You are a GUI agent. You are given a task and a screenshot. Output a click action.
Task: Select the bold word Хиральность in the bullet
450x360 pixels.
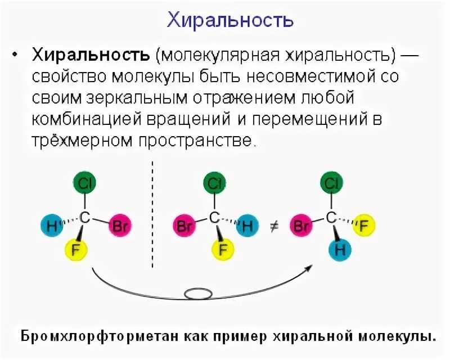point(91,55)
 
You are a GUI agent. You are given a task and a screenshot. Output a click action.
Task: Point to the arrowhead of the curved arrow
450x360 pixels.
point(309,269)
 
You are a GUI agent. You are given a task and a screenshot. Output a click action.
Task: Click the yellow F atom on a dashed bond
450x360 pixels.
point(364,226)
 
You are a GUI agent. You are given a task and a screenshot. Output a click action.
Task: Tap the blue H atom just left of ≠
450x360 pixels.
point(246,226)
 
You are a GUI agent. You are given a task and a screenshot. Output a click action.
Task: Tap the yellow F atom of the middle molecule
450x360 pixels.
point(214,248)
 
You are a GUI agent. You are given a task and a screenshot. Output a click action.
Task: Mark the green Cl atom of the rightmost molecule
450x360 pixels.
point(332,183)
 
